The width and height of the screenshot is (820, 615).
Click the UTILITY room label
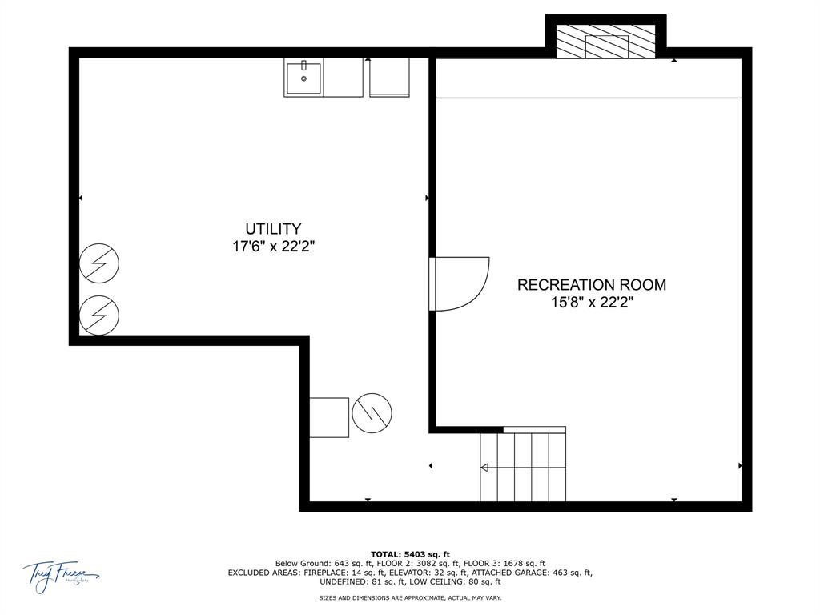pyautogui.click(x=273, y=229)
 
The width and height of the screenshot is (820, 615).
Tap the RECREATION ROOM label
pyautogui.click(x=591, y=284)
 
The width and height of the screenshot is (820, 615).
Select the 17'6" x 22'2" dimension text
pyautogui.click(x=273, y=247)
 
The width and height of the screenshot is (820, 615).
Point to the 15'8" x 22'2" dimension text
pyautogui.click(x=591, y=302)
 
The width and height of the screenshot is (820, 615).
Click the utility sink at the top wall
pyautogui.click(x=303, y=78)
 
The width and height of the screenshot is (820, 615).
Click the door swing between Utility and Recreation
pyautogui.click(x=460, y=283)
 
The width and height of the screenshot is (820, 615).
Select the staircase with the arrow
pyautogui.click(x=522, y=467)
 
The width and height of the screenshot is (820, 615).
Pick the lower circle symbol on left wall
pyautogui.click(x=99, y=316)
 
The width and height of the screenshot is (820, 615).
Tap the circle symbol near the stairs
pyautogui.click(x=372, y=413)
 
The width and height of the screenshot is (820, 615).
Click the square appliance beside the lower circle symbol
pyautogui.click(x=329, y=417)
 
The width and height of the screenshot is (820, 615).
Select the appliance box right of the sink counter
pyautogui.click(x=389, y=78)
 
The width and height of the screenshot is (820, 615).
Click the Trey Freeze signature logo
pyautogui.click(x=60, y=575)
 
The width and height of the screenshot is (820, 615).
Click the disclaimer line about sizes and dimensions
pyautogui.click(x=410, y=597)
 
